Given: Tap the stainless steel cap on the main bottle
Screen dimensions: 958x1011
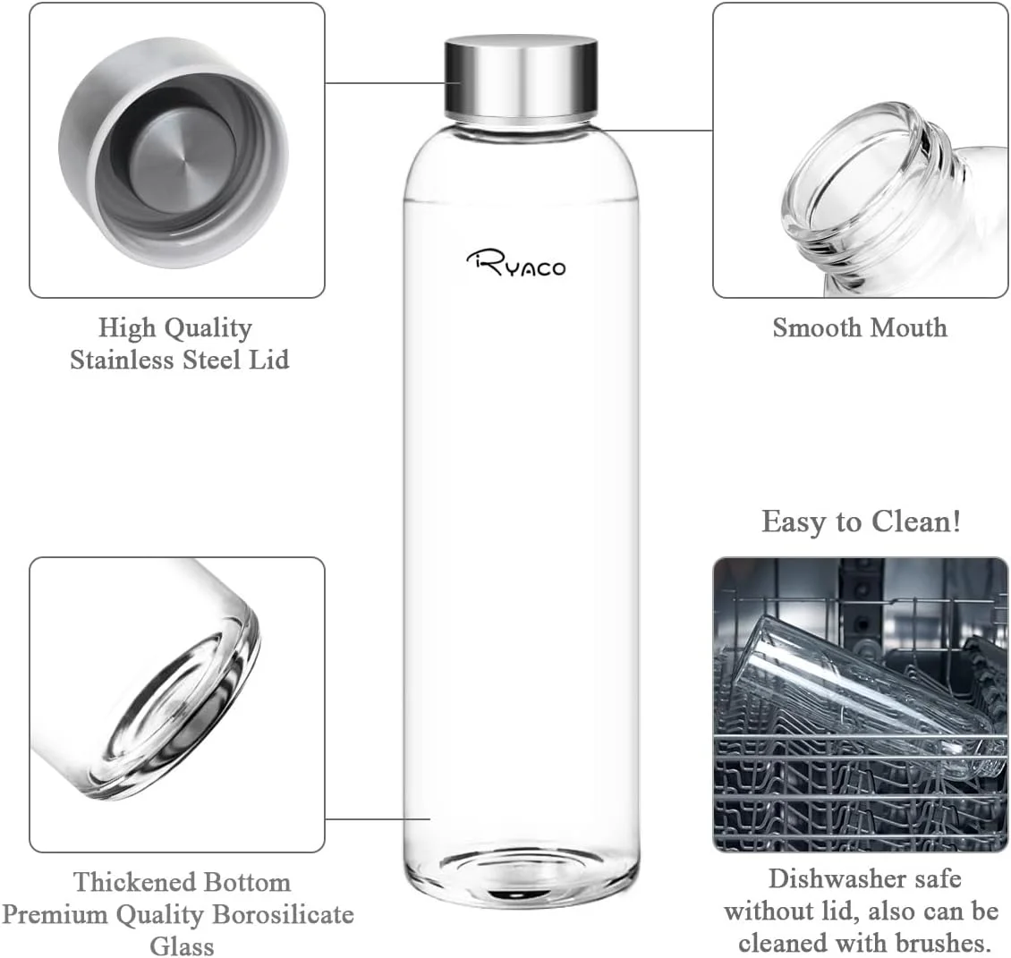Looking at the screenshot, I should click(522, 76).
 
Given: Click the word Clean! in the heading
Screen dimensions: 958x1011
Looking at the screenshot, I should click(919, 521).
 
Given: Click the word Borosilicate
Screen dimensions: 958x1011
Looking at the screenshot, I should click(282, 915).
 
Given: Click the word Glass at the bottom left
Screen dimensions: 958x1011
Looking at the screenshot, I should click(182, 945).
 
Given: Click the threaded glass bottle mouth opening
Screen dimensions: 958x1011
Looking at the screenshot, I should click(859, 179).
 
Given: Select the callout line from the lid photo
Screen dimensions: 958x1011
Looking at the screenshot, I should click(385, 83).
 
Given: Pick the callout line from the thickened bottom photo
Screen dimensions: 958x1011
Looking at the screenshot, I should click(376, 818).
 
